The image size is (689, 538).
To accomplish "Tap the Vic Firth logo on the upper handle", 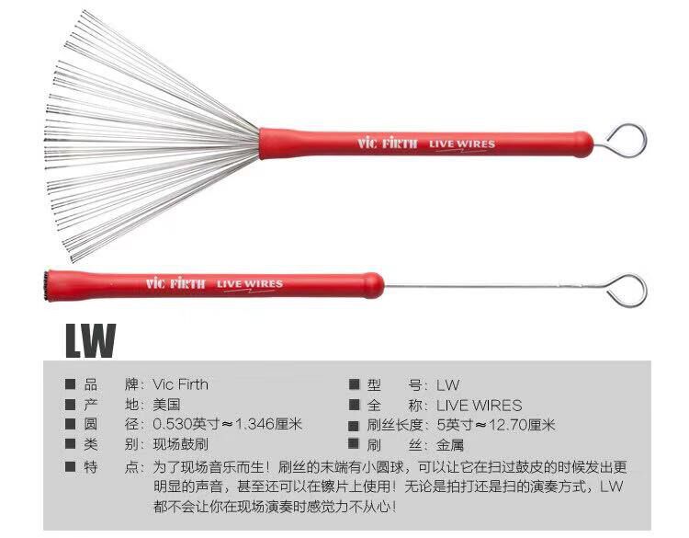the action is pos(387,143).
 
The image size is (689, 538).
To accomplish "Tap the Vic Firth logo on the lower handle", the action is pos(175,283).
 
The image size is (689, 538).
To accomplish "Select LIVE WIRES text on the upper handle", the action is pos(462,144).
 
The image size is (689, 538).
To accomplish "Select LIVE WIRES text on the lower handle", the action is pos(250,284).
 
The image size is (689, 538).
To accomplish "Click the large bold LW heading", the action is pos(91,340).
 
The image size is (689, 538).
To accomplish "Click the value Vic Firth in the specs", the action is pos(181,384).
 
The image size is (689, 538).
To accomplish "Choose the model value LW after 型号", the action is pos(447,385).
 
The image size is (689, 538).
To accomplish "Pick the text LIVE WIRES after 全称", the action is pos(479,405).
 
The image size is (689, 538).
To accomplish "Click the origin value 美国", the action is pos(166,405).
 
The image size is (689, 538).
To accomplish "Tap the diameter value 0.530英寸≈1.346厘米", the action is pos(228,424).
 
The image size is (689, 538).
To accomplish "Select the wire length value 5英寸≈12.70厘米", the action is pos(496,425).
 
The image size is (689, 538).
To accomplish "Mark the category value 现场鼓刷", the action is pos(181,444).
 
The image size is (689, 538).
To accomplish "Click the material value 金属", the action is pos(450,445).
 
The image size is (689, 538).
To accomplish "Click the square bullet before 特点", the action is pos(71,466).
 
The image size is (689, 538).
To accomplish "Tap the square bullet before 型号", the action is pos(355,384).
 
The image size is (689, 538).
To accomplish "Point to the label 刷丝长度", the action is pos(394,425).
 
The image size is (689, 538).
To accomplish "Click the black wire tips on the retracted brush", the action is pos(46,286).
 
